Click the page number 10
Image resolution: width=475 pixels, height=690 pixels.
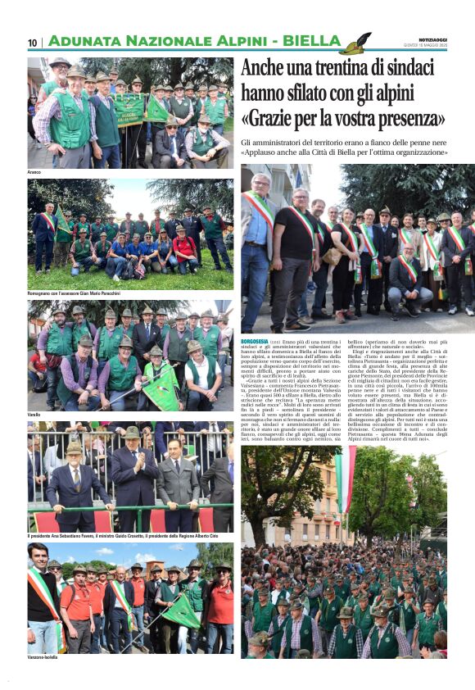pos(33,43)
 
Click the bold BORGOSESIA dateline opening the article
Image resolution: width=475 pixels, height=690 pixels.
pos(259,340)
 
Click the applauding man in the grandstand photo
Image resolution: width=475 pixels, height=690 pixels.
pos(133,475)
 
